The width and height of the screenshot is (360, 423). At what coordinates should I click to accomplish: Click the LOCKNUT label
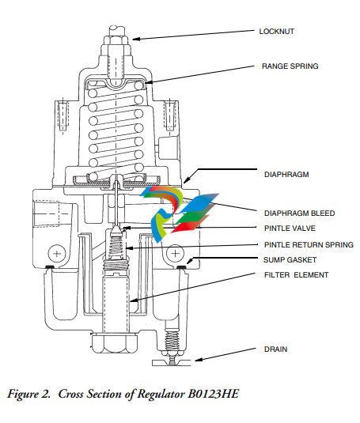click(277, 32)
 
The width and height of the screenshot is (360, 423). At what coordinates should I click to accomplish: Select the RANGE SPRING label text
click(290, 66)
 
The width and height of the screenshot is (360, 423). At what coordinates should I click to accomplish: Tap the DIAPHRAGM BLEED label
click(300, 213)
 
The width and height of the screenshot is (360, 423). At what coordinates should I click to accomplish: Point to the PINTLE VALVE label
click(290, 228)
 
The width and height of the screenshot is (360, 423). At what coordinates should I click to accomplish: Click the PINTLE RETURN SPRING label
click(309, 244)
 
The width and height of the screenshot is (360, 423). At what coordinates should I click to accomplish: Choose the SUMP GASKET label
click(290, 260)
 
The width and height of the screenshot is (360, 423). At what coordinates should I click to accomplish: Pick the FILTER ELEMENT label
click(297, 275)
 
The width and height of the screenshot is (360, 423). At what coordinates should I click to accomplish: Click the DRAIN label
click(275, 349)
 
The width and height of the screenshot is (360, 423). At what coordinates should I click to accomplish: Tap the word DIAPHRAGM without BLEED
click(286, 175)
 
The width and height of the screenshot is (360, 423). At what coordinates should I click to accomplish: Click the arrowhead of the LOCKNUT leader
click(136, 39)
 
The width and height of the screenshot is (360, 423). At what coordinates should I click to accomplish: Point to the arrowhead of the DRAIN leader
click(199, 359)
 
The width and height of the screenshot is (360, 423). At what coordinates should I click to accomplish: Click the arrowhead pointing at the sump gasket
click(190, 261)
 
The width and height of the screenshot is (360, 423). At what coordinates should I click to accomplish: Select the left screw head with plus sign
click(57, 254)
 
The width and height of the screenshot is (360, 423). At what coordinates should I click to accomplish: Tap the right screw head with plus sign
click(176, 254)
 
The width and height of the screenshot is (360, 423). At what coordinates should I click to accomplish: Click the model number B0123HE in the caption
click(214, 394)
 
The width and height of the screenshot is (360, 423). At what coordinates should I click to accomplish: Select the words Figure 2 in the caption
click(28, 395)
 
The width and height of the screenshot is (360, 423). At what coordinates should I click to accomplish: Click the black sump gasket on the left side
click(49, 266)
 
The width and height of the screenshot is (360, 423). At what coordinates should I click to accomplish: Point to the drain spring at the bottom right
click(172, 342)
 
